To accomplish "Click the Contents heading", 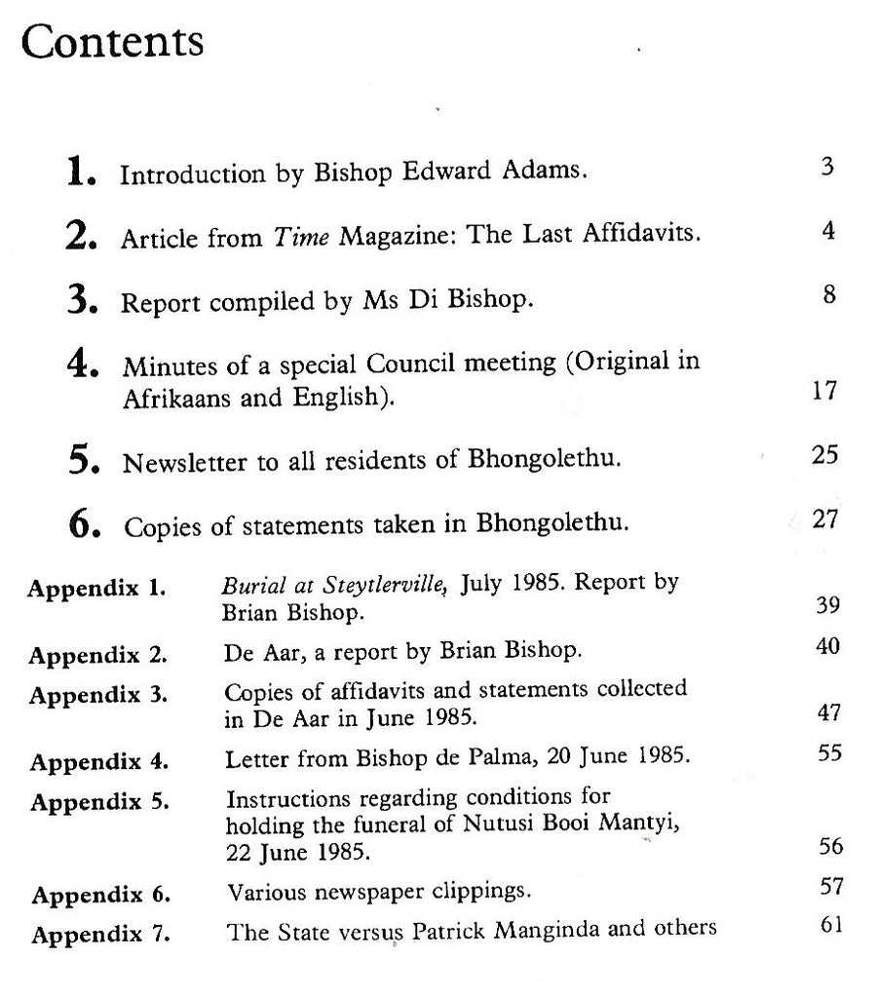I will click(x=112, y=42).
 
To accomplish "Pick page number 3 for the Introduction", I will click(x=826, y=168).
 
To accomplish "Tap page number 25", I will click(x=823, y=455).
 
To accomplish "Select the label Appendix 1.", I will click(x=95, y=590).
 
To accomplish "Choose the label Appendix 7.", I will click(x=99, y=935).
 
